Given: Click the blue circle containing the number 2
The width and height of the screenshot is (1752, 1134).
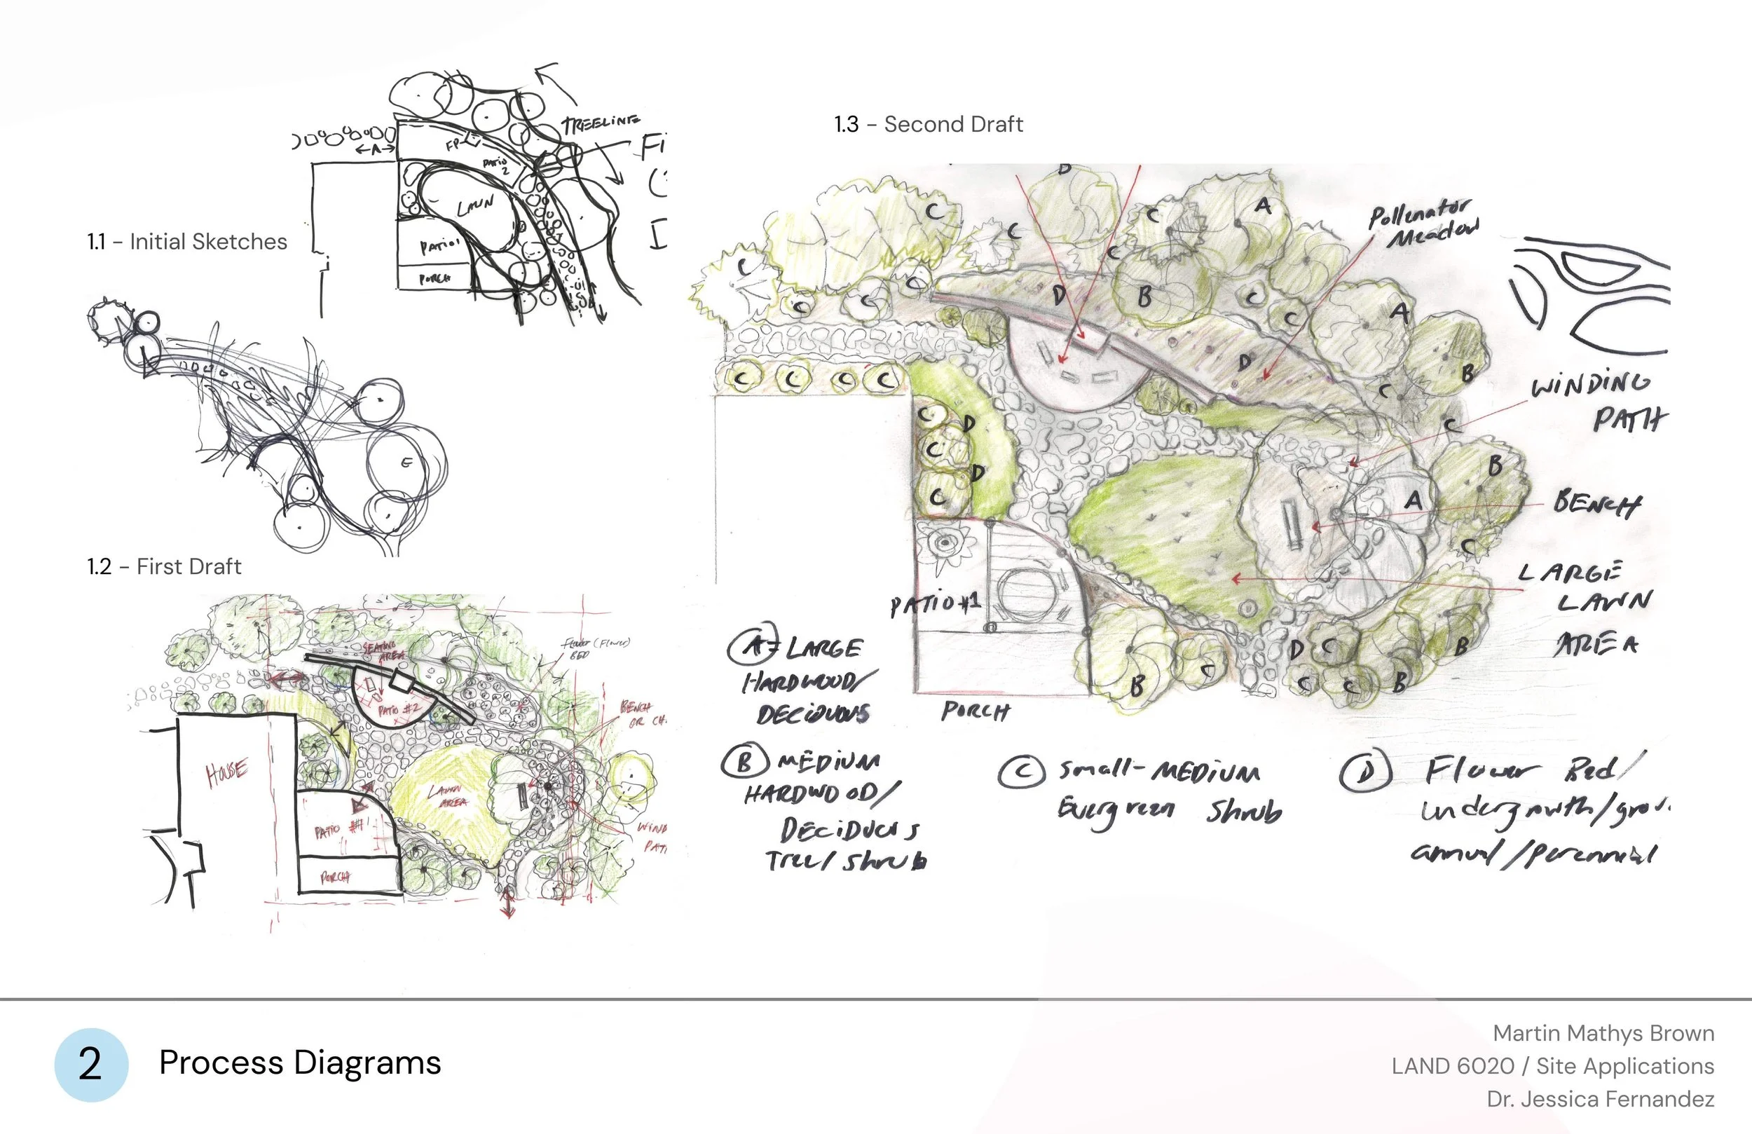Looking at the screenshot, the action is (91, 1065).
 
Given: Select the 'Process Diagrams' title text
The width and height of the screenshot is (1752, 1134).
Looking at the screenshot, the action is (300, 1063).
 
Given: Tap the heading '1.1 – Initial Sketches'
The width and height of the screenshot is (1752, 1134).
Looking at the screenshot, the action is (187, 242).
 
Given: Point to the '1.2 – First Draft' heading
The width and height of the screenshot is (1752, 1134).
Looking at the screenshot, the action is (164, 566).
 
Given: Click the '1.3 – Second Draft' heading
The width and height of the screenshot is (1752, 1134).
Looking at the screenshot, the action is (929, 124).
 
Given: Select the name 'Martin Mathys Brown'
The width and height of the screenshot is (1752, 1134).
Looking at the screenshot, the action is (1603, 1033).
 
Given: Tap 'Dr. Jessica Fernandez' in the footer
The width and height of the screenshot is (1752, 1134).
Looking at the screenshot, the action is (1601, 1100).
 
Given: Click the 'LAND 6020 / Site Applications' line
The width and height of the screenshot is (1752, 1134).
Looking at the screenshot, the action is (1552, 1065).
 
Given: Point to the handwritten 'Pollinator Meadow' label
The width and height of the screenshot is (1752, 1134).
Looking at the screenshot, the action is (1423, 224).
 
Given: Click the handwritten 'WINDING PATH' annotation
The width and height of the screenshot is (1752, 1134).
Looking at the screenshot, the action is (1597, 402).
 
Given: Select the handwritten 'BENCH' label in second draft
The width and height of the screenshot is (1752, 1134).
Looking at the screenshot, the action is (1596, 504).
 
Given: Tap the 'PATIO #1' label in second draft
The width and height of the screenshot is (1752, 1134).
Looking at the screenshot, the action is (935, 605).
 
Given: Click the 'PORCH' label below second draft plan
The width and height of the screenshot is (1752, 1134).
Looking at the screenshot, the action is (975, 711).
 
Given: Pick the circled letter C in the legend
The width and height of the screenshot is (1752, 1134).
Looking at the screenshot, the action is (1022, 772).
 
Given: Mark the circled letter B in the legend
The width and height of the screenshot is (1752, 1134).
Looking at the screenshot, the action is (745, 761).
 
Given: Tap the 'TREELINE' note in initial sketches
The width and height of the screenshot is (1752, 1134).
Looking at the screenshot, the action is (601, 122).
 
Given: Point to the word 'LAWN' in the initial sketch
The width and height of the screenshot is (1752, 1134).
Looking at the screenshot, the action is (476, 205).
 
